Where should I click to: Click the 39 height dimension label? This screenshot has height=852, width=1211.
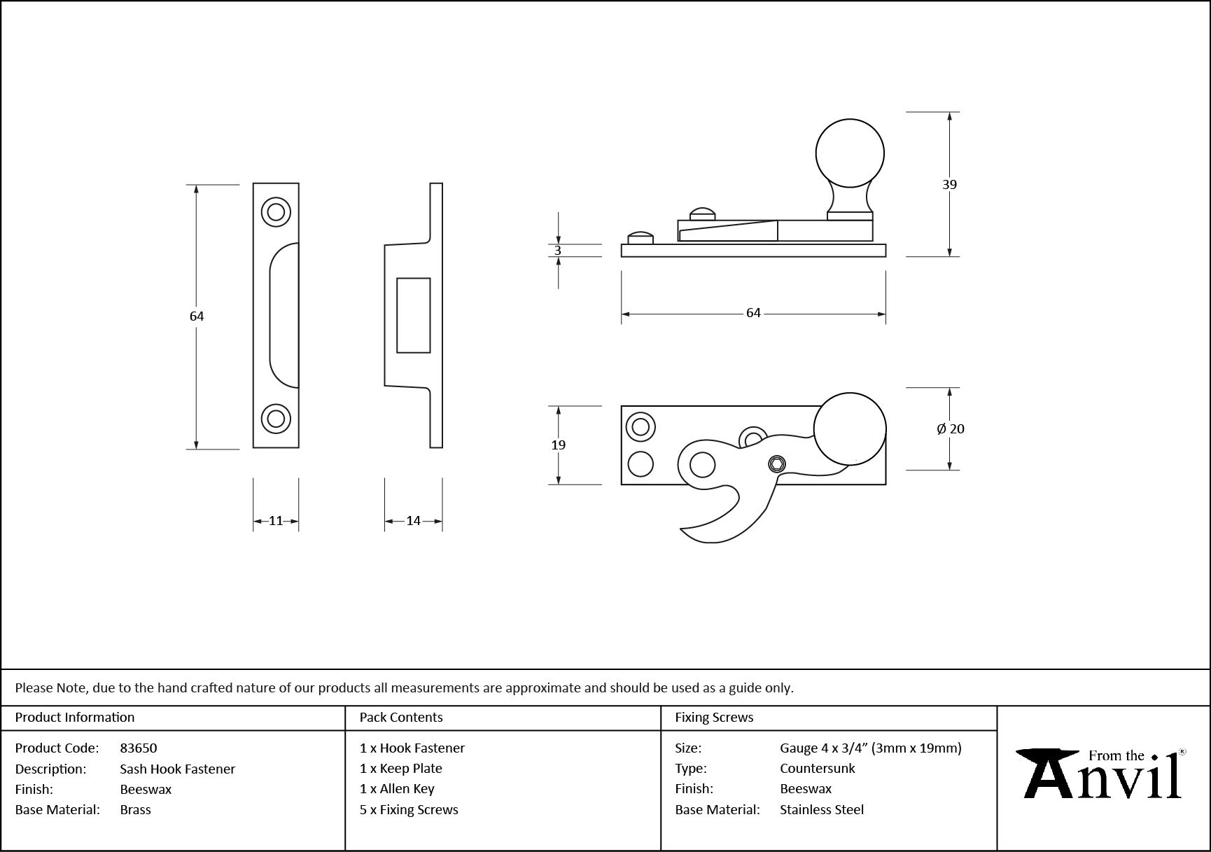click(949, 185)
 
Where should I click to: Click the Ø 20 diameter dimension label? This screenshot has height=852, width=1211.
click(951, 429)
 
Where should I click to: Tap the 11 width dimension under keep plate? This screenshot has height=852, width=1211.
click(276, 521)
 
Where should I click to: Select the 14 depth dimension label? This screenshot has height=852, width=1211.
click(413, 521)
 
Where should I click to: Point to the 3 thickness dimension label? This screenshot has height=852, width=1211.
click(558, 251)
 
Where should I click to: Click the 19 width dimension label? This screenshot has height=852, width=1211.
click(558, 445)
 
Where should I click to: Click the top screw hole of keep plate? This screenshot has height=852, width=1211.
click(276, 211)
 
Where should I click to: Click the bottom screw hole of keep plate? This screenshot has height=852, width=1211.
click(276, 419)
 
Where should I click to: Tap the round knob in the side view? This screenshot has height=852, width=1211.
click(850, 153)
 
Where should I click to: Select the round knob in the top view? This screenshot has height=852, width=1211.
click(850, 429)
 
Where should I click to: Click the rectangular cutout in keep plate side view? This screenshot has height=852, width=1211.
click(413, 315)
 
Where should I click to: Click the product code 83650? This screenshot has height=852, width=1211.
click(139, 748)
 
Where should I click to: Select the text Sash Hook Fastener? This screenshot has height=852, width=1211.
click(177, 769)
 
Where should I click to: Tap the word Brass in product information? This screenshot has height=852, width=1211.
click(135, 810)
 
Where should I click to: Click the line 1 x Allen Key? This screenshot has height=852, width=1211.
click(397, 789)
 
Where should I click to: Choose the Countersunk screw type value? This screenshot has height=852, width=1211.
click(817, 769)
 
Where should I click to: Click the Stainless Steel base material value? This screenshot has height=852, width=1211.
click(821, 810)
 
